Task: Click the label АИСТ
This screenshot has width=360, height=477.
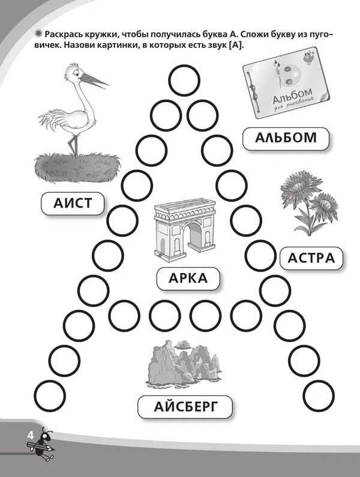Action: tap(73, 203)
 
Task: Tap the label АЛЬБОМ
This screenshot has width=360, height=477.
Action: tap(286, 138)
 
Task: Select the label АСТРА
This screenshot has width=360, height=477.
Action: tap(311, 258)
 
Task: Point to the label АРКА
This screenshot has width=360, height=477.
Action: tap(188, 278)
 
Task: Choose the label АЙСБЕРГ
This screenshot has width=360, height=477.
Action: tap(185, 407)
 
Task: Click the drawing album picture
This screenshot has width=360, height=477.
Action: tap(287, 83)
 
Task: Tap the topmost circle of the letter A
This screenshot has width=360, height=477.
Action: tap(184, 81)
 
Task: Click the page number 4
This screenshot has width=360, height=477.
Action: tap(31, 436)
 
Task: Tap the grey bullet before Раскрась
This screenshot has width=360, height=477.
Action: tap(38, 34)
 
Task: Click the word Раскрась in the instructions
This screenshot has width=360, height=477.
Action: tap(62, 34)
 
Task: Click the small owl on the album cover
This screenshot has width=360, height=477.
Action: tap(309, 58)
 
